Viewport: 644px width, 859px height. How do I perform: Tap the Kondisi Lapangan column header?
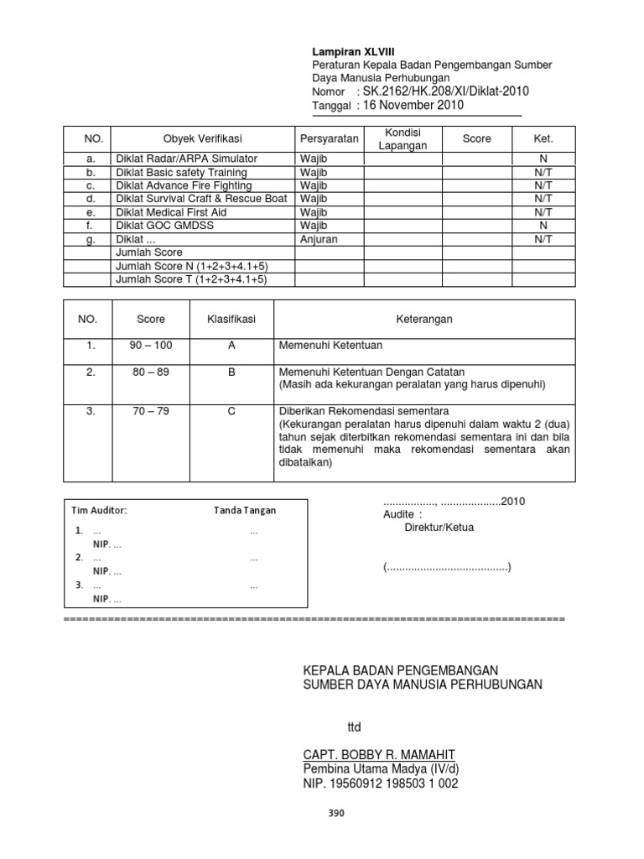tap(402, 138)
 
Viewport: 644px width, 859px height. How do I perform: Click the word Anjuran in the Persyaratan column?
tap(319, 239)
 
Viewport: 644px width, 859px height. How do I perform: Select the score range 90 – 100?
tap(151, 345)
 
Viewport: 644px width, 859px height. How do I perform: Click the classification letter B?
tap(231, 372)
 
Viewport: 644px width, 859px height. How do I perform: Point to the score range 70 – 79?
tap(151, 412)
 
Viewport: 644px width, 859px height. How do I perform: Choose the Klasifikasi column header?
tap(231, 320)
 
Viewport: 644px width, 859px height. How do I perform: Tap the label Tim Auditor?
tap(99, 510)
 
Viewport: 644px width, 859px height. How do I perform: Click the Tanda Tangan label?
tap(244, 510)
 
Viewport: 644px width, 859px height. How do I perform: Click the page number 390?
tap(335, 813)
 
